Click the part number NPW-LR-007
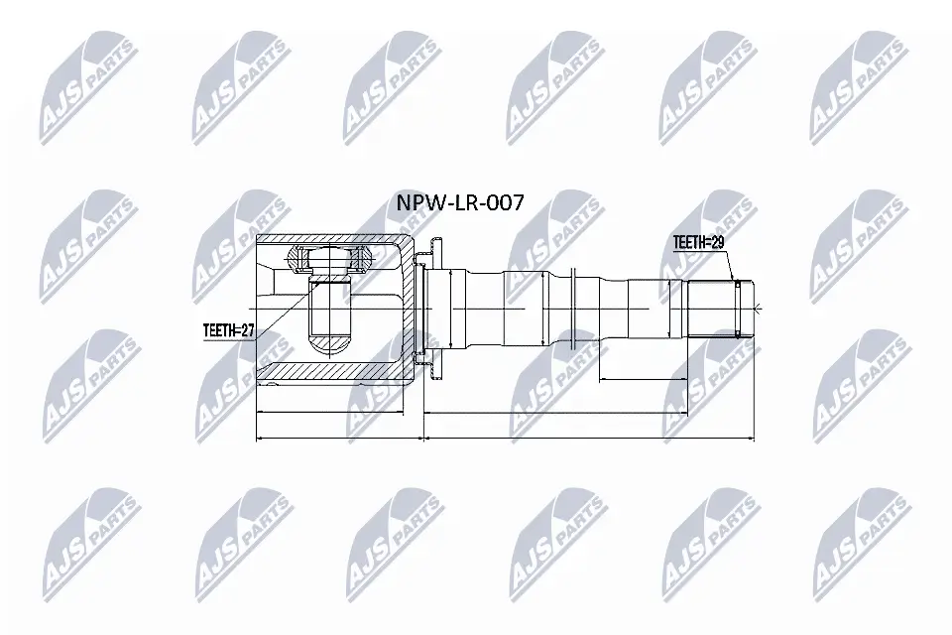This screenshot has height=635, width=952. point(459,203)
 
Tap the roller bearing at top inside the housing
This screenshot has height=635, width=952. point(330,260)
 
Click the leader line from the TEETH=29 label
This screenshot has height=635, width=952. point(730,263)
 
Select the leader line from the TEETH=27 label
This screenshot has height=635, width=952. point(283,309)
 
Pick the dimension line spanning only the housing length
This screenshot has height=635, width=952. point(330,411)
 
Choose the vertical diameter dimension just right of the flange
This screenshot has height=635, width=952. point(450,308)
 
